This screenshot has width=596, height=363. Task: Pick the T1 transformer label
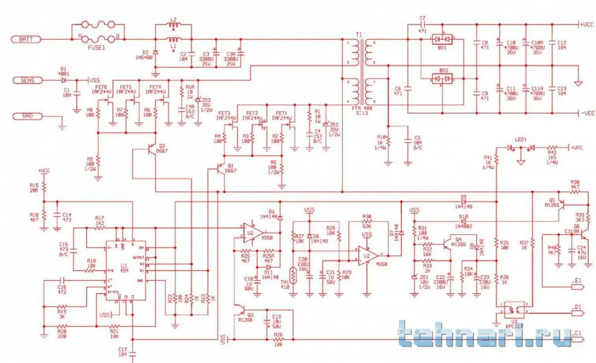point(359,35)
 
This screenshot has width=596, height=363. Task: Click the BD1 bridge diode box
point(443,39)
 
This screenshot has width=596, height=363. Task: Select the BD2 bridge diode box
point(443,78)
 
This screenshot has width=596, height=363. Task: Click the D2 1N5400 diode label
point(146,55)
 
